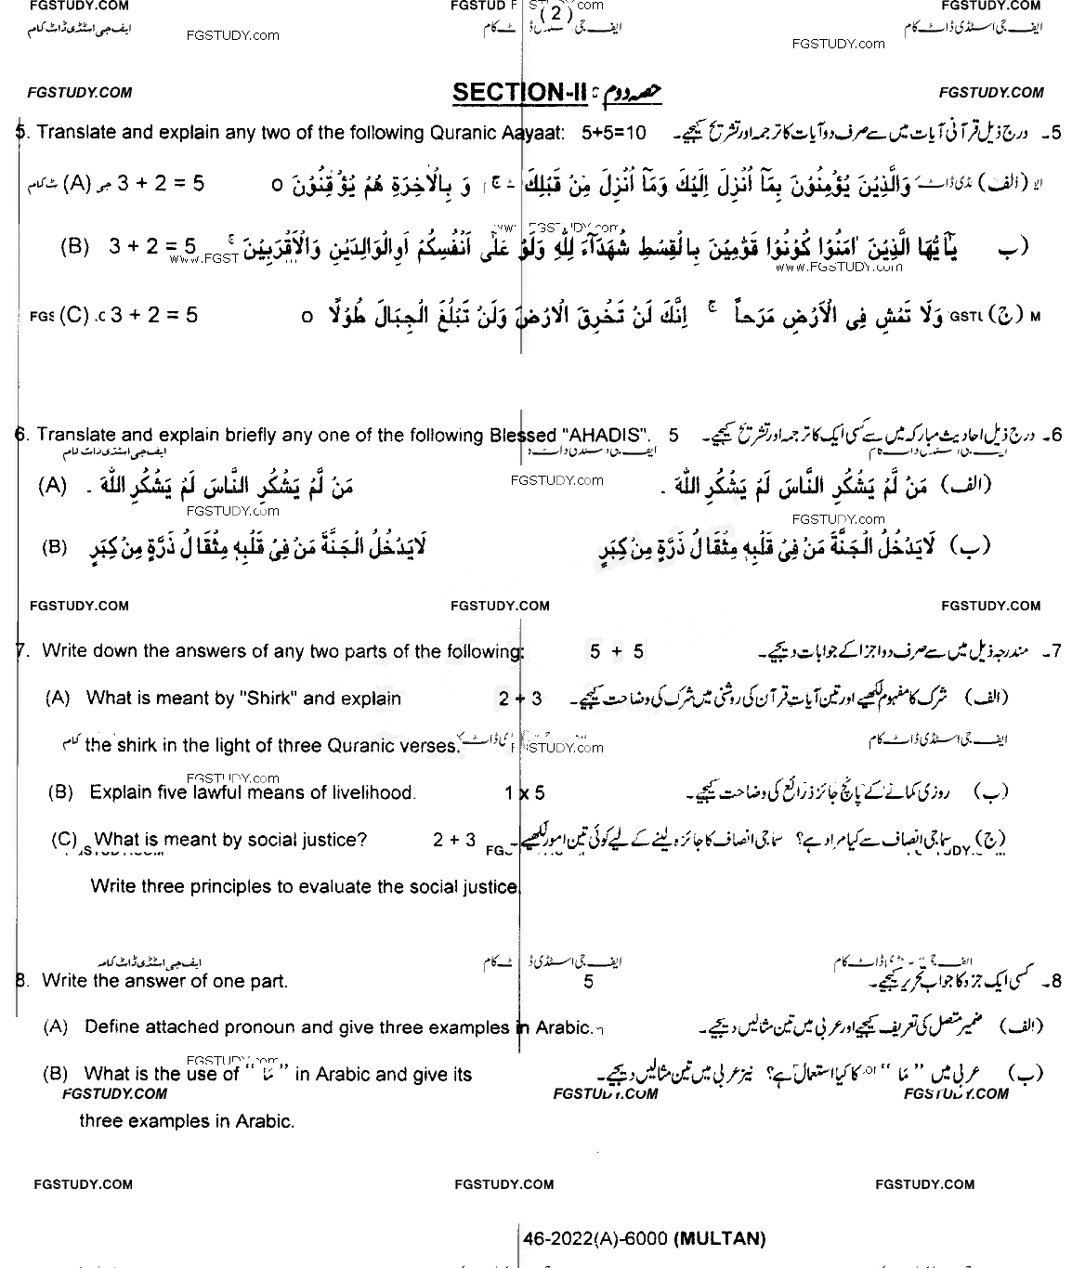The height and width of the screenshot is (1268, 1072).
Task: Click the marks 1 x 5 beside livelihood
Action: point(525,793)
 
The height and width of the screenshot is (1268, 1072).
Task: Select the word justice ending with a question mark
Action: point(331,840)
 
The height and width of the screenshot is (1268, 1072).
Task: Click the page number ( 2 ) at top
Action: point(555,13)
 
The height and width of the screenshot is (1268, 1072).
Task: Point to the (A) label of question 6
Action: point(52,486)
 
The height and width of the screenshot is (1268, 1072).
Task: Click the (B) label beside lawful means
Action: point(60,793)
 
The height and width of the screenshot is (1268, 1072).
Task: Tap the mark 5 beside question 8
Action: point(588,982)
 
